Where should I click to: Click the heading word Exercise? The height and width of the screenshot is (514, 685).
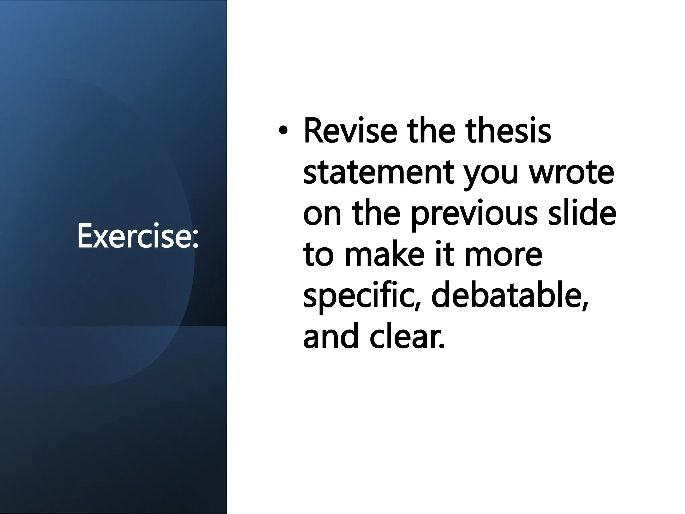click(x=137, y=236)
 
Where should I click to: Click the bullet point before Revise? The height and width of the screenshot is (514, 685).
click(x=283, y=132)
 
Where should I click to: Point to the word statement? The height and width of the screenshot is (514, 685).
click(x=378, y=173)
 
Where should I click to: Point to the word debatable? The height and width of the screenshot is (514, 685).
click(x=510, y=296)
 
